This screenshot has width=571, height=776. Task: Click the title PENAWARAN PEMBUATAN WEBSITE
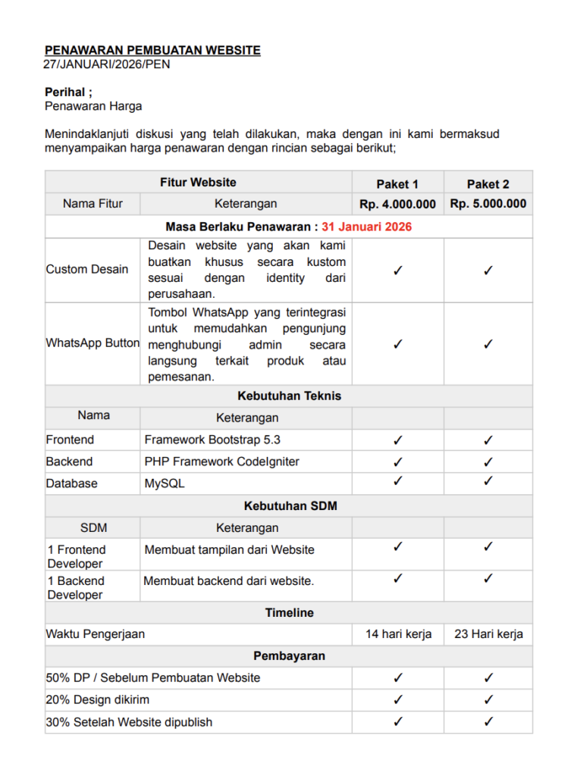152,50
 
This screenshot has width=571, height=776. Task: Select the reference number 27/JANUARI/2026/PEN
107,64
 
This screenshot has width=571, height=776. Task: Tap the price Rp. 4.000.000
397,204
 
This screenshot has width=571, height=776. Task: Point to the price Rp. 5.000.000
488,204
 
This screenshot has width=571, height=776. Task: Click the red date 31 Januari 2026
366,227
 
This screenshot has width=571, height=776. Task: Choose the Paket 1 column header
397,183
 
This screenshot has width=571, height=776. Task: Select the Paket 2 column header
488,183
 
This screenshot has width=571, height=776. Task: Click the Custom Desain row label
87,270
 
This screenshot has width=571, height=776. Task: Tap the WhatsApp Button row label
93,343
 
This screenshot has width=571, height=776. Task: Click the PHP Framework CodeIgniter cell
221,462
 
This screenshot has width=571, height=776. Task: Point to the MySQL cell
165,483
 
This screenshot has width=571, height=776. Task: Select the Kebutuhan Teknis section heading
289,396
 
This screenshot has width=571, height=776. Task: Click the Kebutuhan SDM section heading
289,506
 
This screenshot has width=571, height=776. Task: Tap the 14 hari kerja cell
398,634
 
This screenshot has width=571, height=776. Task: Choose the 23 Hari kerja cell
488,634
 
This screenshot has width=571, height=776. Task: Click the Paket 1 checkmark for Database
398,481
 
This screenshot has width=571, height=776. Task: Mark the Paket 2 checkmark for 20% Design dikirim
488,699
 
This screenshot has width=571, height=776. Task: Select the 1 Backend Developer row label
76,588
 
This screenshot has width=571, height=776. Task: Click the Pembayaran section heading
289,656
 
